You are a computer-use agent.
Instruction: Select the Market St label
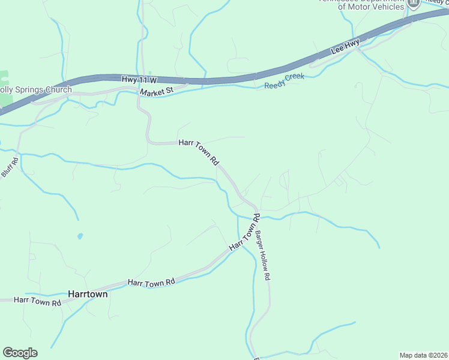click(156, 92)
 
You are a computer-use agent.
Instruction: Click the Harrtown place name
click(88, 295)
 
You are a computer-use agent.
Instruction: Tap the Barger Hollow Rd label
click(263, 256)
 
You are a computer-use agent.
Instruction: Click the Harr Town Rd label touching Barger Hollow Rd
click(244, 233)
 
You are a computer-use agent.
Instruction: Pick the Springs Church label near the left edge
click(36, 90)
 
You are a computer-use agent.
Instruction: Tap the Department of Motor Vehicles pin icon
click(413, 3)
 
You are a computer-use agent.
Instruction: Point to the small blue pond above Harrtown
click(80, 236)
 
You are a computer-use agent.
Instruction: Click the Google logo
click(20, 352)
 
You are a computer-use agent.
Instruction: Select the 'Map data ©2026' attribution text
click(423, 355)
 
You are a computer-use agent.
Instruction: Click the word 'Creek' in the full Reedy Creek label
click(294, 79)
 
